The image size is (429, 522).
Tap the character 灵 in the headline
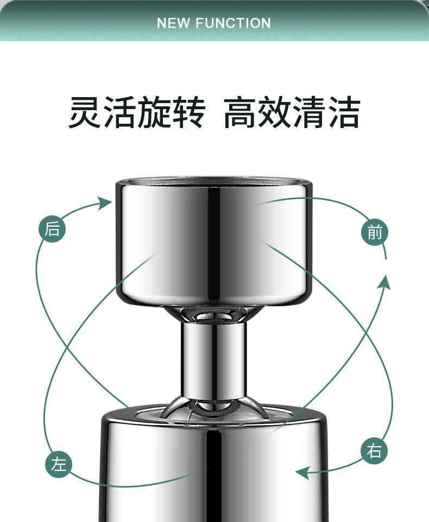[x=85, y=112]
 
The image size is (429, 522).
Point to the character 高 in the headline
[x=241, y=112]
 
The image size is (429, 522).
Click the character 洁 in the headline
[x=343, y=112]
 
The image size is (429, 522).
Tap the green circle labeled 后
[x=52, y=230]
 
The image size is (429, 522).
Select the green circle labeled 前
[x=375, y=233]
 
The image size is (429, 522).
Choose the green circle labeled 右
[x=374, y=451]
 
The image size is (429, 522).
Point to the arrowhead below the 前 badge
[x=385, y=282]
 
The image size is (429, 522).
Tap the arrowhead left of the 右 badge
[x=302, y=473]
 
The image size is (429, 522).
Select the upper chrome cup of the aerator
[x=213, y=241]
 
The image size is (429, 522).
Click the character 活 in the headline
[x=119, y=112]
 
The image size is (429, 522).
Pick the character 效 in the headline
[x=275, y=112]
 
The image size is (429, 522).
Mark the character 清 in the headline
[x=309, y=112]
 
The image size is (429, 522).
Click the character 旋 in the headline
[x=154, y=112]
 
